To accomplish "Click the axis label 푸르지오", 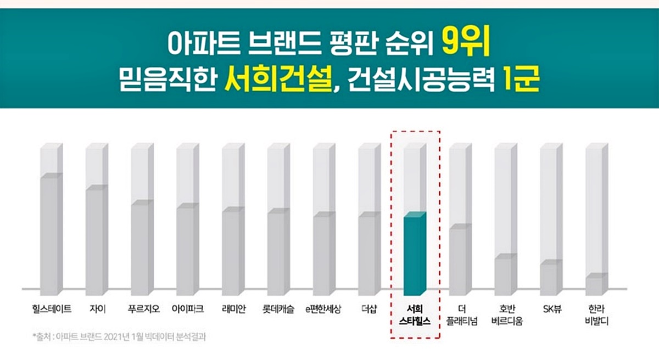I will point(142,308).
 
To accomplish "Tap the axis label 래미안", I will point(233,308).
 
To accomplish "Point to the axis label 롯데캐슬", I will point(278,308).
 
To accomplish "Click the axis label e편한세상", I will point(323,308).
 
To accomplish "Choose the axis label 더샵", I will point(369,308).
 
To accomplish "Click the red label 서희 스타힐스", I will point(415,314).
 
